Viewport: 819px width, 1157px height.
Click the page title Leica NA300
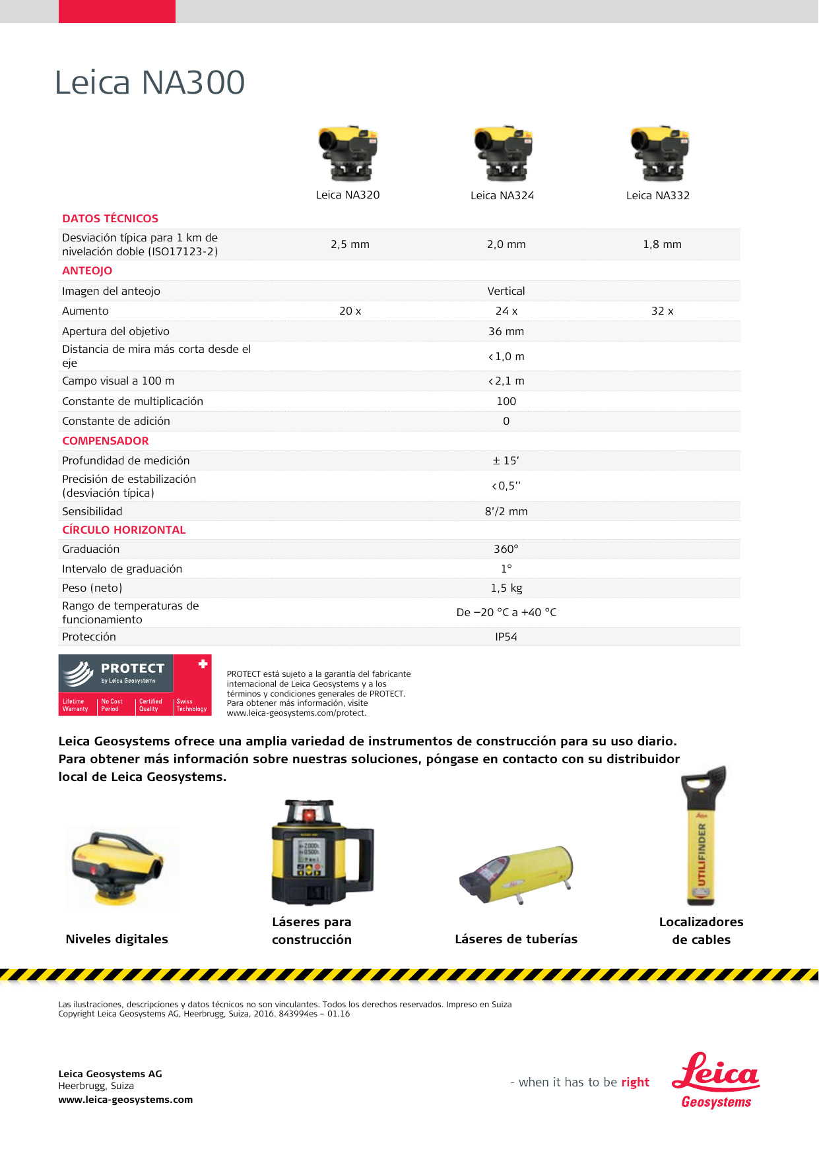pos(150,83)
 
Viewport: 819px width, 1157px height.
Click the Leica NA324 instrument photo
pos(503,153)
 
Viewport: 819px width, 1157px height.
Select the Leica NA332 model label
pos(657,196)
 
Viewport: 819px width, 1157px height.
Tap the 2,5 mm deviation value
pos(350,245)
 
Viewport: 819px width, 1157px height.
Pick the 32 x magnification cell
pos(662,311)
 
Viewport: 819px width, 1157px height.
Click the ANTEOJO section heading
pos(87,271)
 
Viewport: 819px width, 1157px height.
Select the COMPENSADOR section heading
pos(106,441)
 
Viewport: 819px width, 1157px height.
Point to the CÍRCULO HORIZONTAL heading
pos(124,530)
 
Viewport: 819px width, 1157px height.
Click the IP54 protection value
pos(506,637)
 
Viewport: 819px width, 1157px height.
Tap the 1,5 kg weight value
pos(506,588)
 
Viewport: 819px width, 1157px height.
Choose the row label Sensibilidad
pos(92,512)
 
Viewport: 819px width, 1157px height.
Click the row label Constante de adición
pos(116,422)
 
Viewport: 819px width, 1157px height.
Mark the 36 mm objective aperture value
pos(506,332)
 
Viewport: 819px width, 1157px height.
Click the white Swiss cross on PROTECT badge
pos(203,664)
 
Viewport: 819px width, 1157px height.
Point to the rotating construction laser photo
pos(321,852)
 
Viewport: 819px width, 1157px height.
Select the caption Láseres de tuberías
pos(516,939)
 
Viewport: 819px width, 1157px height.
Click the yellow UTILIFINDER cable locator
pos(702,838)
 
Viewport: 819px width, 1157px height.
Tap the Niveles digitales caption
pos(117,939)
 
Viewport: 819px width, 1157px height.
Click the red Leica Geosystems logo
pos(716,1080)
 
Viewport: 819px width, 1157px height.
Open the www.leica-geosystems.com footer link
pos(125,1100)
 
